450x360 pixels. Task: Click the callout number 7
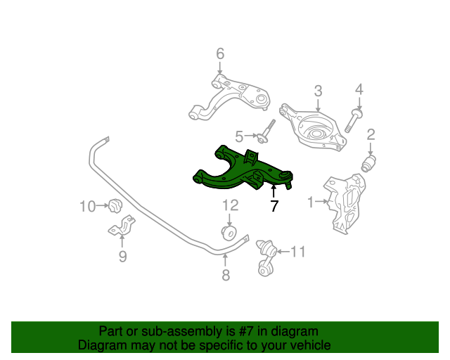(x=274, y=207)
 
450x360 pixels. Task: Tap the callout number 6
(x=219, y=53)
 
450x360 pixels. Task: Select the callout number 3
(x=318, y=91)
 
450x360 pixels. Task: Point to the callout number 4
(x=359, y=89)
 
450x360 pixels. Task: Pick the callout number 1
(x=311, y=202)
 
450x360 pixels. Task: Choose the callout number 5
(x=239, y=136)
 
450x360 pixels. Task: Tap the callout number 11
(x=299, y=251)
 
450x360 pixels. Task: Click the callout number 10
(x=87, y=207)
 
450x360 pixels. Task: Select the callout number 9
(x=122, y=257)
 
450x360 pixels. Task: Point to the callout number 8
(x=226, y=276)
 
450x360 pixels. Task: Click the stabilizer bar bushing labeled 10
(x=115, y=206)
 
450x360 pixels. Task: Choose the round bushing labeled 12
(x=229, y=232)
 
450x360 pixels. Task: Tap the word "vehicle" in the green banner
(x=309, y=345)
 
